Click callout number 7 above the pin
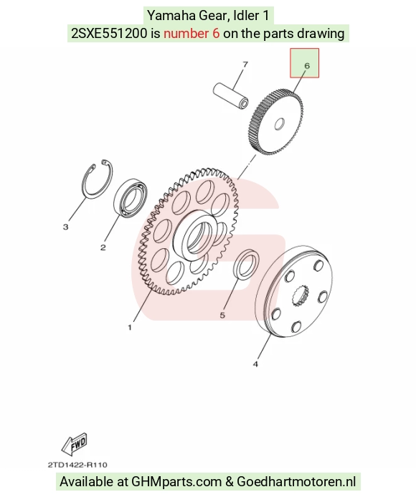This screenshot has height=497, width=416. pos(245,65)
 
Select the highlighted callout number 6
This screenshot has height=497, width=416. pos(306,65)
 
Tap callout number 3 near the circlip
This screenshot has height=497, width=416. pos(66,227)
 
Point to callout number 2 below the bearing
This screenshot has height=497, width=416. pos(103,247)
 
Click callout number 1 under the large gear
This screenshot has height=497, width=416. pos(130,328)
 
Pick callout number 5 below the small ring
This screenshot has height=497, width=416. pos(222,315)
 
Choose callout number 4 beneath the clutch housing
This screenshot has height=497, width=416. pos(255,364)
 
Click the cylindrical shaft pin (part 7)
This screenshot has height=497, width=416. pos(230,95)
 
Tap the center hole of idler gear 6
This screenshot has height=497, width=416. pos(279,124)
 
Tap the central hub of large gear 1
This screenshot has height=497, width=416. pos(197,235)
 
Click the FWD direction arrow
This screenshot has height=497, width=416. pos(74,443)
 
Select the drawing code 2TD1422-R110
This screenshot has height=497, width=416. pos(77,465)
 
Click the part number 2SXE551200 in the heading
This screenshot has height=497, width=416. pos(110,33)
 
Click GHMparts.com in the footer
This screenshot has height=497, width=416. pos(176,481)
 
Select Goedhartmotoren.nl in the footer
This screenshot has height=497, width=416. pos(296,481)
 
